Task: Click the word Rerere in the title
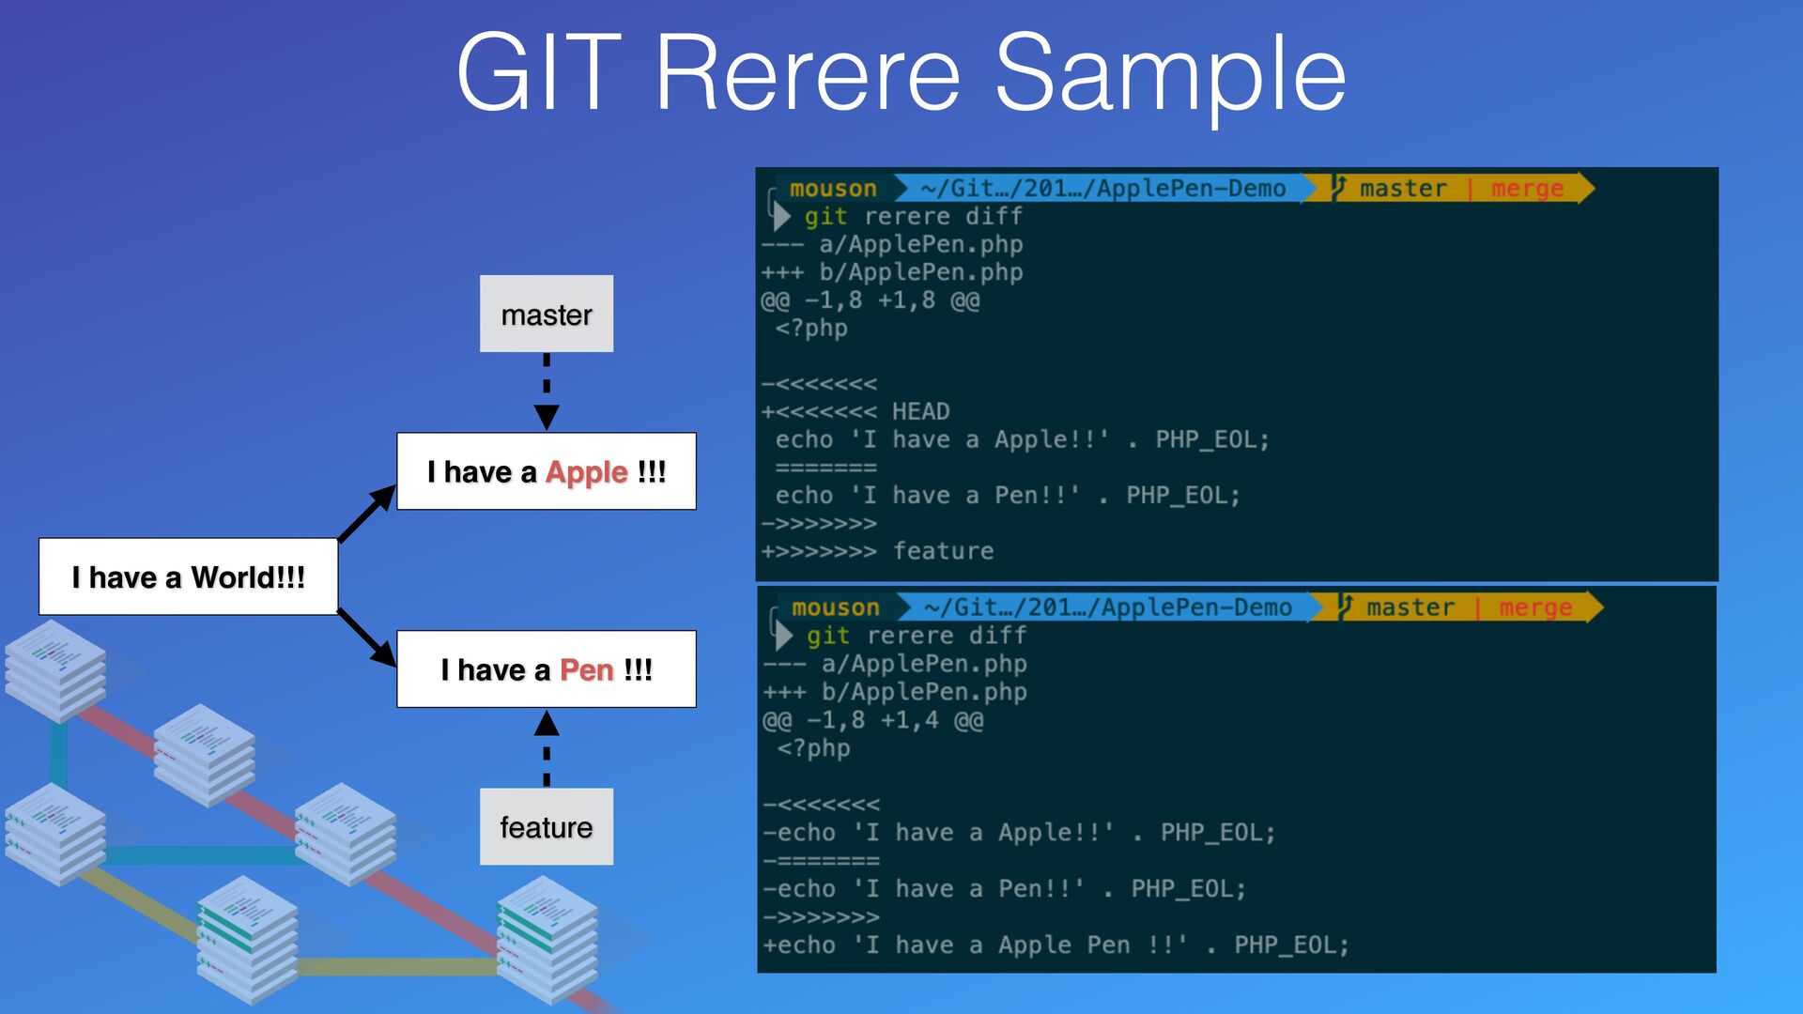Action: coord(809,73)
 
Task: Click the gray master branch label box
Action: coord(547,314)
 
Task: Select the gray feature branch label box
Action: coord(547,826)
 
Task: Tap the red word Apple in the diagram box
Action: coord(586,471)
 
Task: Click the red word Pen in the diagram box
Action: coord(586,669)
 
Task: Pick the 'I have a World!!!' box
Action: coord(188,576)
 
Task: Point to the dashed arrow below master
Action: coord(547,390)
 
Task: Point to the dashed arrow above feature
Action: coord(547,748)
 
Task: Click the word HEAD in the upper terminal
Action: coord(920,411)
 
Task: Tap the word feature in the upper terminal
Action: coord(943,550)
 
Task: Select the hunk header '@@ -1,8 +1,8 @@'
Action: coord(871,300)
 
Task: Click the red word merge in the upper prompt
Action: coord(1528,189)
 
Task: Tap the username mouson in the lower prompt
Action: coord(835,607)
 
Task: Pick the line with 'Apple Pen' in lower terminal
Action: coord(1056,945)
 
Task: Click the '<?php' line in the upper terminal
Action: coord(811,328)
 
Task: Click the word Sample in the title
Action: coord(1170,73)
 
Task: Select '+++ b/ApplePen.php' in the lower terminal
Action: coord(895,692)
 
